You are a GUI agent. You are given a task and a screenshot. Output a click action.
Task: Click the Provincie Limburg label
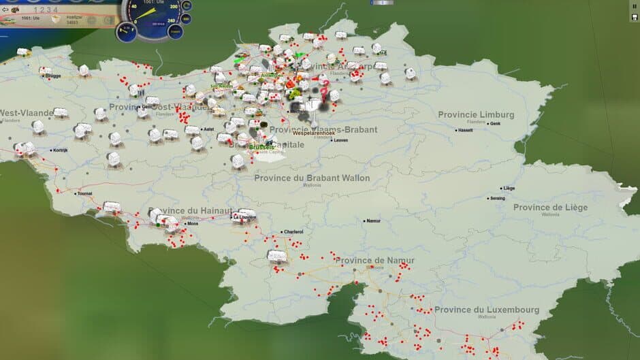(476, 114)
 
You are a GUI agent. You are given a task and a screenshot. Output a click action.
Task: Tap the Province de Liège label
(550, 207)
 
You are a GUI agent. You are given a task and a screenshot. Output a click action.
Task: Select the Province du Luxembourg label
(486, 310)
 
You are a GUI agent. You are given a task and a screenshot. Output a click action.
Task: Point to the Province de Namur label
(374, 260)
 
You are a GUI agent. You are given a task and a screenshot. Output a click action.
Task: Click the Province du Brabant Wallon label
(312, 178)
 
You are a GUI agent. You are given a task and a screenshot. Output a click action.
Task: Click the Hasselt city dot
(457, 129)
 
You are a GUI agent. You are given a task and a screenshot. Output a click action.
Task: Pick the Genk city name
(495, 124)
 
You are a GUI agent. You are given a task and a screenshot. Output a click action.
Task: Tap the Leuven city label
(340, 140)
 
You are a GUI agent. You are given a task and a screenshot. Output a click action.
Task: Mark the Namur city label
(373, 220)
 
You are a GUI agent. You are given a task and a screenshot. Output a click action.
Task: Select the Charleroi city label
(293, 231)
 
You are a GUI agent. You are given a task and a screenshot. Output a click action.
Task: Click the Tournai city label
(84, 193)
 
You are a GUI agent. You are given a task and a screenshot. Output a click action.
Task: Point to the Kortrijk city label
(60, 150)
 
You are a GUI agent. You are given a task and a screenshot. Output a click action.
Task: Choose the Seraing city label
(497, 198)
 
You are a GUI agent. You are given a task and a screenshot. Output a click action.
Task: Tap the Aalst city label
(209, 129)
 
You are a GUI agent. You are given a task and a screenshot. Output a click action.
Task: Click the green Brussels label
(261, 147)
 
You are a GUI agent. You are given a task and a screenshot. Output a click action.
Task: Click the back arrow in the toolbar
(5, 10)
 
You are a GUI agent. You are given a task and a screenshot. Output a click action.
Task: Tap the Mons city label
(193, 223)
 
